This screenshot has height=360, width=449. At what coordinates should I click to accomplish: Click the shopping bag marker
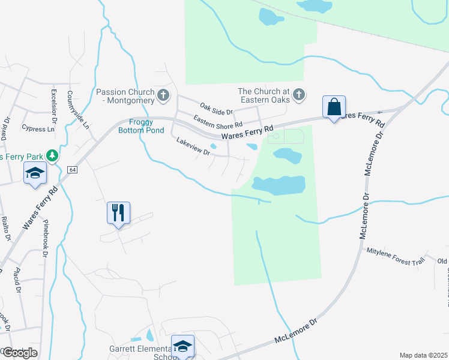[x=334, y=107]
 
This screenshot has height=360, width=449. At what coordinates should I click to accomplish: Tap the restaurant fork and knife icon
[x=118, y=212]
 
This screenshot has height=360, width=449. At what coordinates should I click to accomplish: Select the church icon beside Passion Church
[x=163, y=95]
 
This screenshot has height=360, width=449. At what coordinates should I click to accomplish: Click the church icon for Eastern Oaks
[x=298, y=94]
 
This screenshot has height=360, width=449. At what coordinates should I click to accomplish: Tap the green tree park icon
[x=52, y=156]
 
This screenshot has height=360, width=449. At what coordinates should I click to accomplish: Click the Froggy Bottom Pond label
[x=141, y=126]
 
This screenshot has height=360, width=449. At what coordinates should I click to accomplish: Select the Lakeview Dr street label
[x=193, y=146]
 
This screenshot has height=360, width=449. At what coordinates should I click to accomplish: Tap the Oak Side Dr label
[x=216, y=107]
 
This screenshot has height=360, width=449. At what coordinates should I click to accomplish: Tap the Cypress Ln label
[x=38, y=128]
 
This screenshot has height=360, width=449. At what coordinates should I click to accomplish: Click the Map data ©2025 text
[x=423, y=355]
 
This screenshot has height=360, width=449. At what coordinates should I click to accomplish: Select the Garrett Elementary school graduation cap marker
[x=182, y=346]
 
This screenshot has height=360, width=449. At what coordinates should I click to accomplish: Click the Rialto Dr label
[x=5, y=229]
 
